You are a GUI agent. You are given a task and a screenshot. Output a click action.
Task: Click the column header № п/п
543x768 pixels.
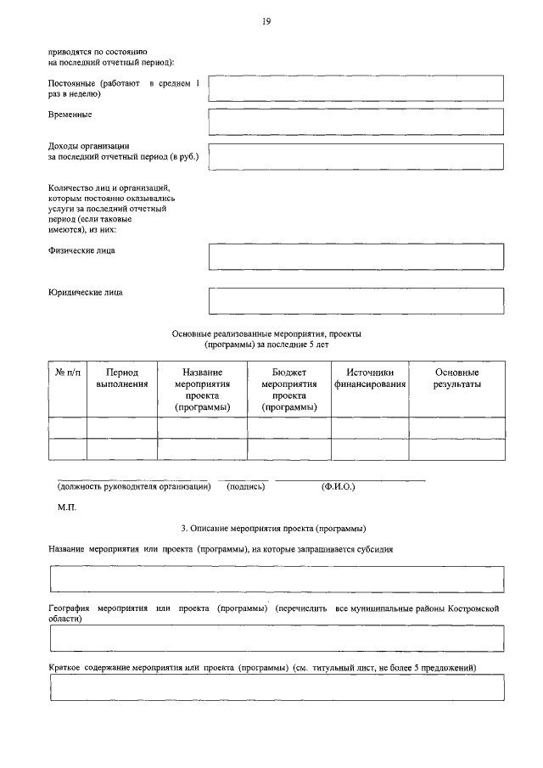(67, 373)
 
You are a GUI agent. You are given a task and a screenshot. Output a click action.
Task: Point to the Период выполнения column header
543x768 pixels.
(121, 378)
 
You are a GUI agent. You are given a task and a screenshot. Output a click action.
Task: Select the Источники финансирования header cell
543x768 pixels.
(369, 378)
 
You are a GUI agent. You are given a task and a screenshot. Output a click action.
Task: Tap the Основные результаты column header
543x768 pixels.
(456, 378)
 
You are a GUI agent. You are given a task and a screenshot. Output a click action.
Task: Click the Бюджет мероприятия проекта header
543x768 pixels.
(288, 390)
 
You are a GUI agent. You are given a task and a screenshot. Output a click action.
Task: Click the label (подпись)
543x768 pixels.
(246, 487)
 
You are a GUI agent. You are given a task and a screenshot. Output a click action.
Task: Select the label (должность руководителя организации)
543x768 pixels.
(133, 487)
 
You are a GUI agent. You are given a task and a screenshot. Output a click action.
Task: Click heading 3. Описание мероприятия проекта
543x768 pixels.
(267, 528)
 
